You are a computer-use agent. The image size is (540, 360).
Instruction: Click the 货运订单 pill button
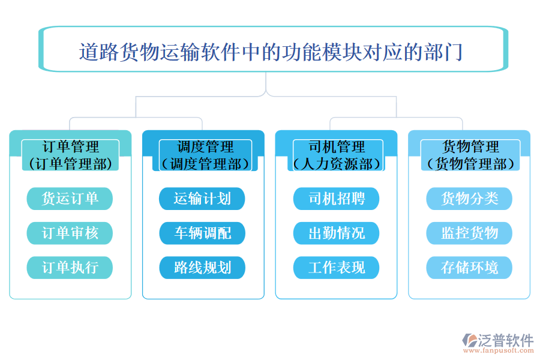pyautogui.click(x=70, y=199)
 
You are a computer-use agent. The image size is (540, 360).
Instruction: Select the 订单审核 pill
pyautogui.click(x=70, y=233)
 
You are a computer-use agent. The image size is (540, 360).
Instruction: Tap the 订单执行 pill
pyautogui.click(x=70, y=268)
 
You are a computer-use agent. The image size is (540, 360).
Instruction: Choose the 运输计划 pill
pyautogui.click(x=202, y=199)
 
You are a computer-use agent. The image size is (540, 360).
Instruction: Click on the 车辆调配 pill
pyautogui.click(x=202, y=233)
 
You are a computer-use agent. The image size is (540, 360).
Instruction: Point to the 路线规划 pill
pyautogui.click(x=202, y=268)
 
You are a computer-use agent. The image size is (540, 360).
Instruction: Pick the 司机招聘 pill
pyautogui.click(x=336, y=199)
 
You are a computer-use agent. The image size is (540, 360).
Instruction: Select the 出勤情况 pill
pyautogui.click(x=336, y=233)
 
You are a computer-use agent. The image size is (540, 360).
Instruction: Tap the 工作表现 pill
pyautogui.click(x=336, y=268)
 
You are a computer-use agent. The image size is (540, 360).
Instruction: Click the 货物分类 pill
pyautogui.click(x=469, y=199)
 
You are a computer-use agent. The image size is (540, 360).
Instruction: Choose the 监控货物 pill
pyautogui.click(x=469, y=233)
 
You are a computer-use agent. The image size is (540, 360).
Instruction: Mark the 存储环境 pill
pyautogui.click(x=469, y=268)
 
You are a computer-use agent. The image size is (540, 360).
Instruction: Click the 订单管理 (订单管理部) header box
pyautogui.click(x=70, y=155)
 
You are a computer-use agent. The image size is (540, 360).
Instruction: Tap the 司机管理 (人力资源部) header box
pyautogui.click(x=337, y=155)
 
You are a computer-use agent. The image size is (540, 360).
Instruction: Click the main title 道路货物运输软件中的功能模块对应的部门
pyautogui.click(x=271, y=52)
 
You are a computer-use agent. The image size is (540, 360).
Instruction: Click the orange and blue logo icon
pyautogui.click(x=469, y=341)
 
